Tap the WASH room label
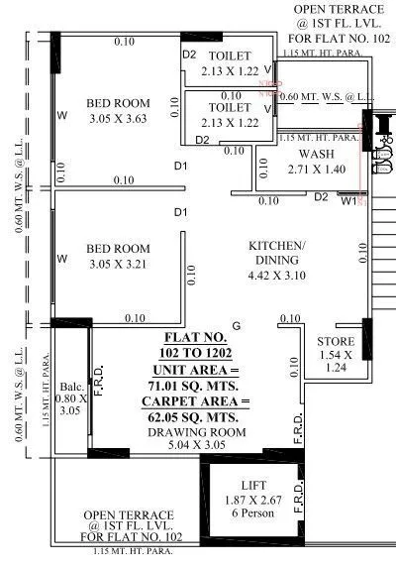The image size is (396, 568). click(316, 155)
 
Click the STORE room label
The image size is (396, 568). click(335, 342)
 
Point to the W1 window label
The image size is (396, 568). click(347, 201)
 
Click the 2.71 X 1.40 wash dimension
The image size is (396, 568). click(316, 170)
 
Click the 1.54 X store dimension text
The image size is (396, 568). click(335, 355)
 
